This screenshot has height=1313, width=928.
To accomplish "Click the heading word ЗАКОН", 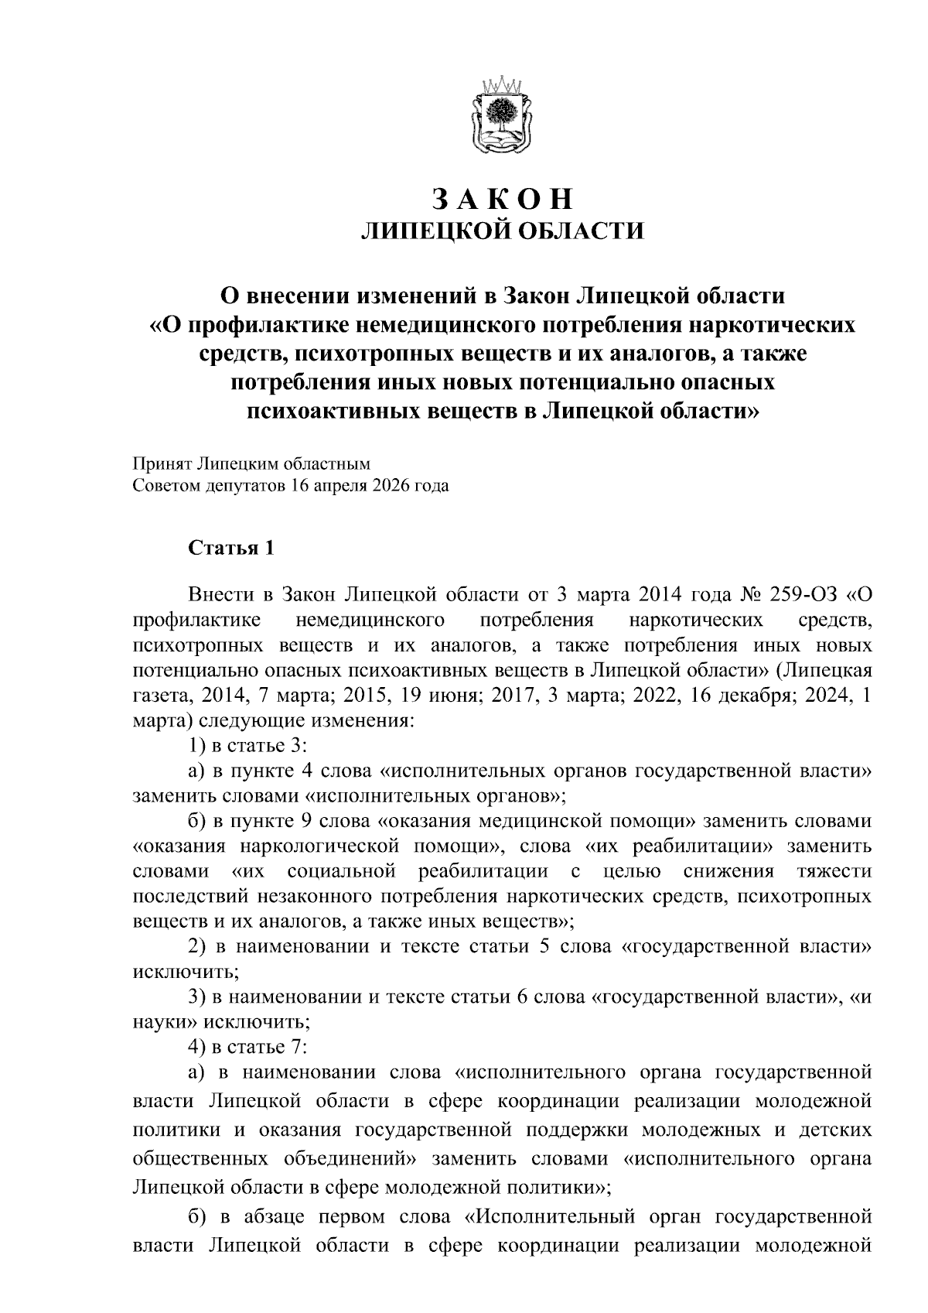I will pyautogui.click(x=503, y=200).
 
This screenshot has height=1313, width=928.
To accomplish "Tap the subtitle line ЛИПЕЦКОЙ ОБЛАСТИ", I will pyautogui.click(x=503, y=231).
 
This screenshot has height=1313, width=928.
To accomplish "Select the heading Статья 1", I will pyautogui.click(x=231, y=549).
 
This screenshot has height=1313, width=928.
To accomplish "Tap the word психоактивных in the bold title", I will pyautogui.click(x=334, y=411).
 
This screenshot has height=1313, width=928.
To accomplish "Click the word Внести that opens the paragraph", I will pyautogui.click(x=220, y=594).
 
